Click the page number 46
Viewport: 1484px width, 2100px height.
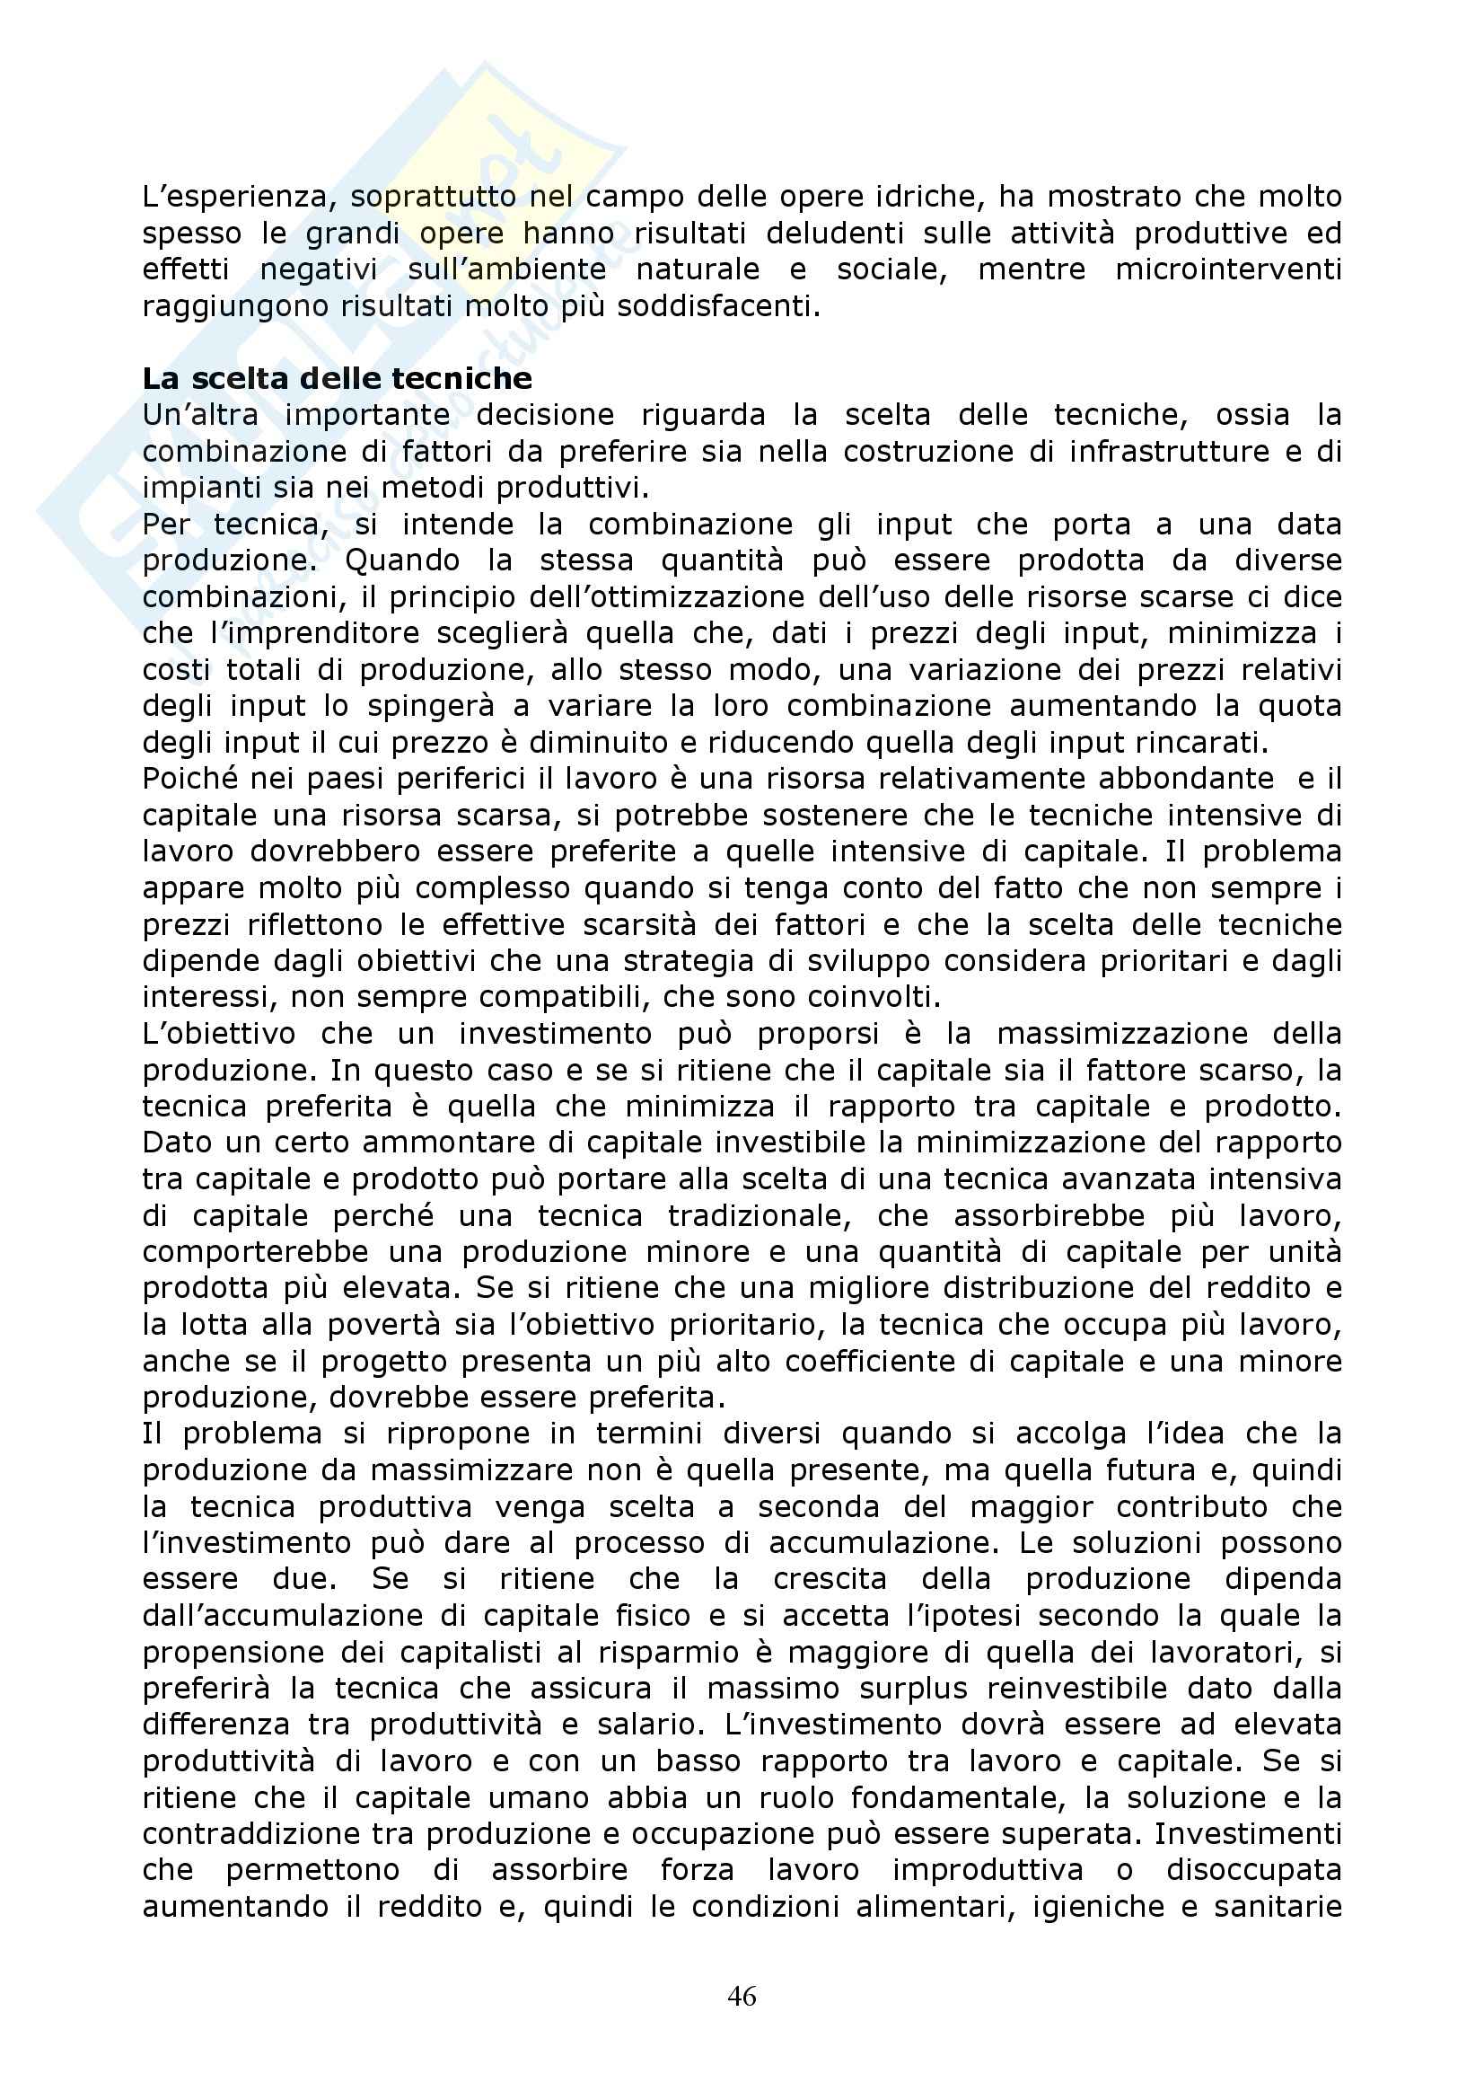tap(742, 1995)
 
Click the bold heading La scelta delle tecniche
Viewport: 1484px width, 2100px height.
tap(338, 379)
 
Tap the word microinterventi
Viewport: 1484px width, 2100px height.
tap(1228, 269)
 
